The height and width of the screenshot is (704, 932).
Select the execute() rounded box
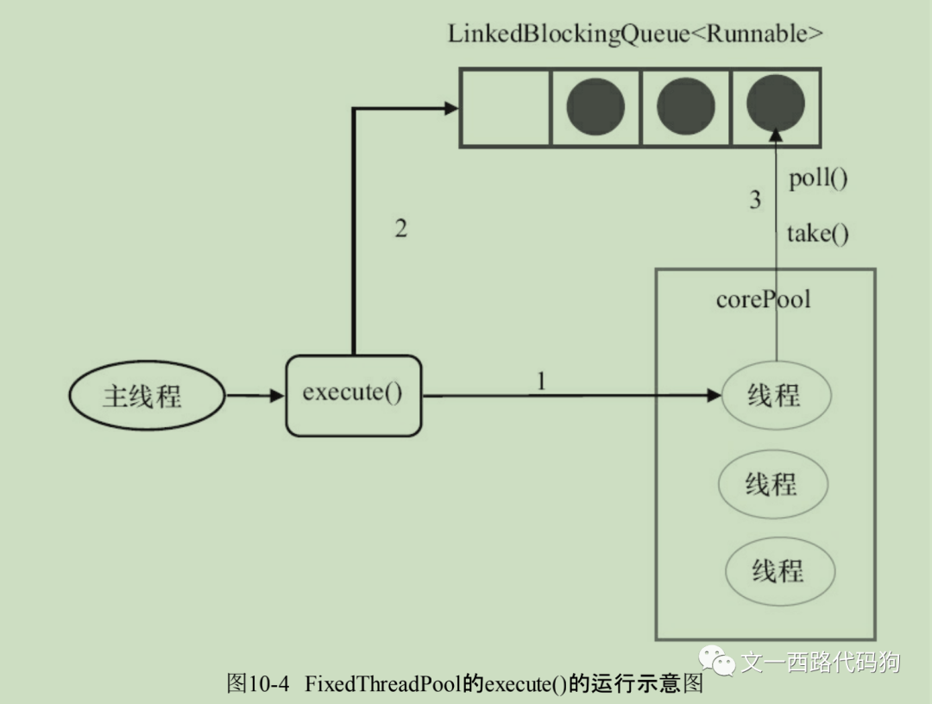pyautogui.click(x=353, y=394)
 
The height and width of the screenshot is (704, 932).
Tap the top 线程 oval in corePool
pyautogui.click(x=774, y=396)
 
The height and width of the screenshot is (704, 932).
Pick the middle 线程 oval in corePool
pyautogui.click(x=772, y=484)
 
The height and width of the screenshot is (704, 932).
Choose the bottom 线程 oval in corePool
pyautogui.click(x=778, y=570)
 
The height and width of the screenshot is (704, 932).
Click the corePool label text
pyautogui.click(x=763, y=299)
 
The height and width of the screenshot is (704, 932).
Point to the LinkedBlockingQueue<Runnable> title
pyautogui.click(x=635, y=35)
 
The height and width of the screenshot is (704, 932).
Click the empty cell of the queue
pyautogui.click(x=504, y=107)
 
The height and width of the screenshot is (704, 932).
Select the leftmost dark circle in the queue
pyautogui.click(x=595, y=107)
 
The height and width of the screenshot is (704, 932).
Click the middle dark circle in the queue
pyautogui.click(x=686, y=107)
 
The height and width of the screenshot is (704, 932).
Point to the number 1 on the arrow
pyautogui.click(x=541, y=380)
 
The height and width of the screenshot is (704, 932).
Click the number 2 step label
pyautogui.click(x=400, y=229)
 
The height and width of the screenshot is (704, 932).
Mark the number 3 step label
pyautogui.click(x=755, y=201)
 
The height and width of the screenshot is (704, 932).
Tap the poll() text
pyautogui.click(x=818, y=179)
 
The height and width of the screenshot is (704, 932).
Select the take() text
pyautogui.click(x=817, y=234)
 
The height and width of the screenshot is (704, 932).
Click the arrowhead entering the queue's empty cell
pyautogui.click(x=450, y=108)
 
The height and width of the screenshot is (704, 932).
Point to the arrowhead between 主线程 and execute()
pyautogui.click(x=276, y=396)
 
